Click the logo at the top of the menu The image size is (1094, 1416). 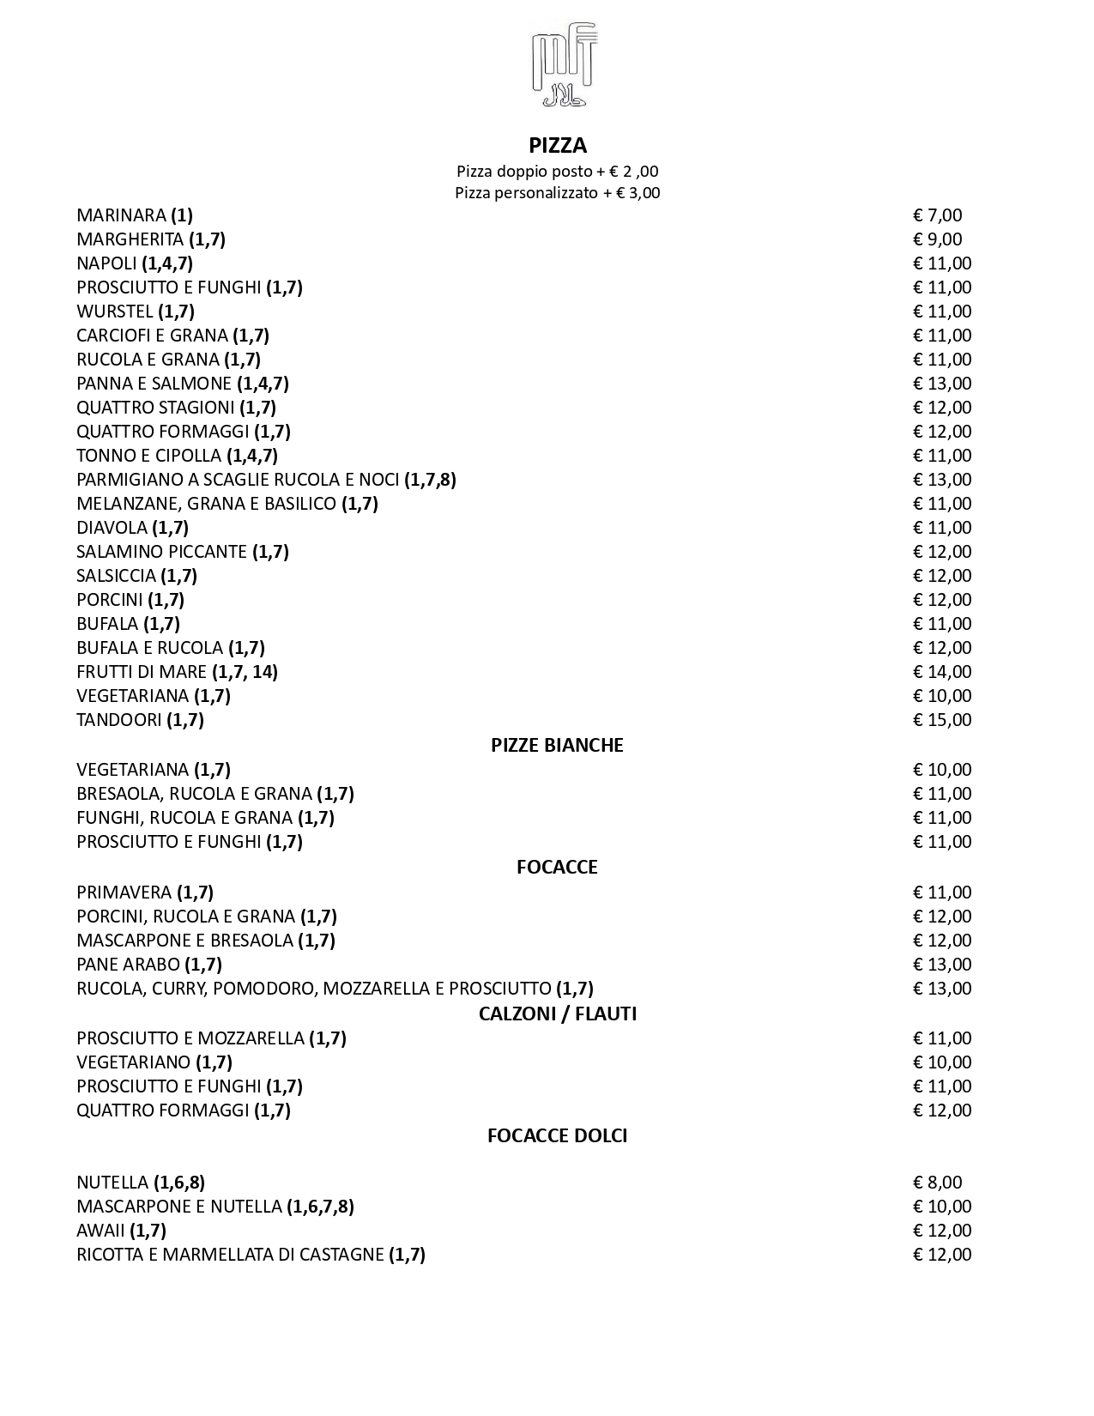point(564,65)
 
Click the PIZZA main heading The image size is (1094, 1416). point(558,145)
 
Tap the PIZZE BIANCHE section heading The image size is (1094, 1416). point(557,745)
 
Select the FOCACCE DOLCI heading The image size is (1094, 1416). point(557,1135)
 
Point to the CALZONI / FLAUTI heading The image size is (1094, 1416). point(557,1014)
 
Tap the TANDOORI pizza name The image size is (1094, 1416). point(118,720)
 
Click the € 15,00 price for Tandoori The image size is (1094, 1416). point(942,720)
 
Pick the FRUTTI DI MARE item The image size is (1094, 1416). point(142,672)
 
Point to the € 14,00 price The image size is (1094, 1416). point(942,672)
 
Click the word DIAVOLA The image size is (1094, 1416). point(112,528)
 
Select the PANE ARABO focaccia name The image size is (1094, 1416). point(128,965)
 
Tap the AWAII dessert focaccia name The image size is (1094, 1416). point(100,1231)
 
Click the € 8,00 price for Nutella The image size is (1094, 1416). point(937,1183)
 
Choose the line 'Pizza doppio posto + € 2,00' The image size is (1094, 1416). point(557,172)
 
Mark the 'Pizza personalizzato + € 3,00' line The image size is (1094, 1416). point(557,193)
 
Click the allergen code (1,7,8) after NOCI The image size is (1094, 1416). point(430,480)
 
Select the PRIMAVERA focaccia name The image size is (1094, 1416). point(124,893)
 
